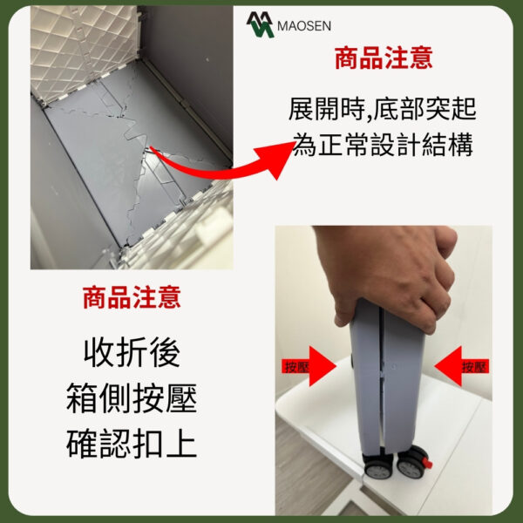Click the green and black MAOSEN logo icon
click(x=260, y=24)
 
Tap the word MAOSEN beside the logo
click(x=304, y=26)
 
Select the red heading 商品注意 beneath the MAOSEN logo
click(x=384, y=58)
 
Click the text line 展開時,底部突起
click(x=383, y=109)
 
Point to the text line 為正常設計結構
click(x=383, y=145)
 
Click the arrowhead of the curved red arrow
click(x=275, y=160)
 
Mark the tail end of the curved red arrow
click(x=151, y=148)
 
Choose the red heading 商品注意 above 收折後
click(x=132, y=297)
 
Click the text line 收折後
click(x=132, y=352)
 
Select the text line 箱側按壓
click(x=132, y=398)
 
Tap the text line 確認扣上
click(x=132, y=444)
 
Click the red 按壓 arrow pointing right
click(x=309, y=366)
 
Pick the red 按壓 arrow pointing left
click(x=462, y=366)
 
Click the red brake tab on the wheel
click(x=427, y=464)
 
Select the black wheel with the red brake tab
click(x=412, y=464)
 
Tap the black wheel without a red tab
click(x=378, y=466)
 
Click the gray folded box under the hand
click(x=386, y=377)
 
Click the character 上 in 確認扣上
click(x=182, y=444)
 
